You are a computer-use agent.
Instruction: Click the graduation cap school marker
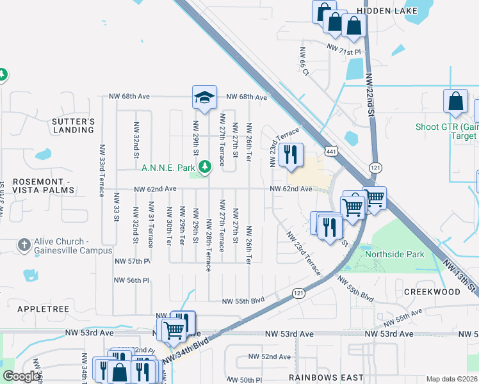[x=204, y=98]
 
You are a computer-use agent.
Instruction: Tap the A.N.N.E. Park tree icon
[x=205, y=167]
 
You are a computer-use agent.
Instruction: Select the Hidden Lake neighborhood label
[x=387, y=11]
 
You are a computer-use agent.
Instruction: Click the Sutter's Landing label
[x=74, y=125]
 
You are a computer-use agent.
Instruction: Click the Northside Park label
[x=394, y=254]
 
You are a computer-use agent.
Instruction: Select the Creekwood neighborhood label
[x=432, y=291]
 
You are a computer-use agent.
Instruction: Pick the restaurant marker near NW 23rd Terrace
[x=291, y=154]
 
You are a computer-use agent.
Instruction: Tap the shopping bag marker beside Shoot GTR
[x=455, y=102]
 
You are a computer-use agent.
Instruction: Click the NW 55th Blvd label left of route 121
[x=243, y=301]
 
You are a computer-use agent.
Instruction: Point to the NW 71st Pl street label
[x=344, y=48]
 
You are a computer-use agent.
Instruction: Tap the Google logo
[x=21, y=376]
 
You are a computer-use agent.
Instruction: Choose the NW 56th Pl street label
[x=131, y=280]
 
